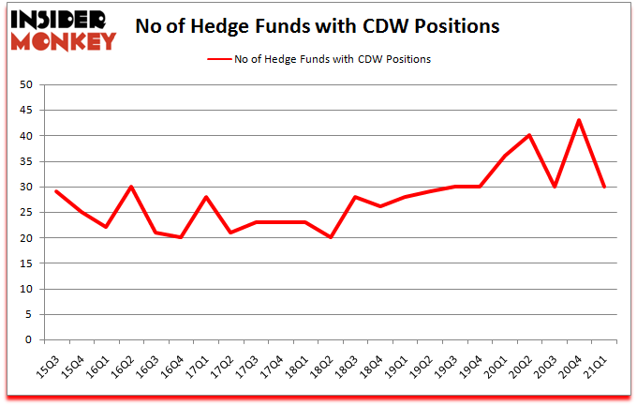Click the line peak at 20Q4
click(x=580, y=120)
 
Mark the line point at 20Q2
click(x=530, y=135)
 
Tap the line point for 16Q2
click(x=131, y=187)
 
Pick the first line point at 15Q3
click(x=56, y=191)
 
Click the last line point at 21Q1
click(x=605, y=187)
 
